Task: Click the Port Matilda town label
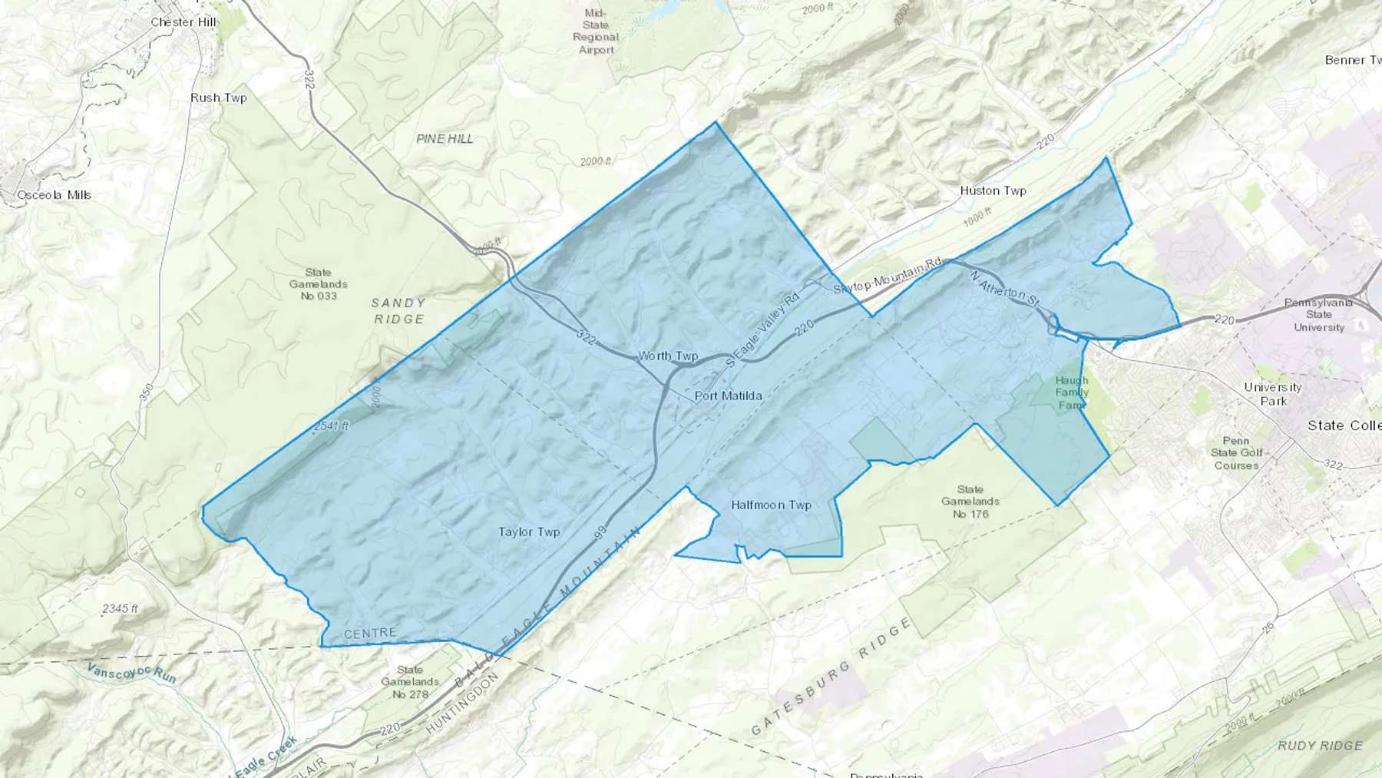pyautogui.click(x=728, y=396)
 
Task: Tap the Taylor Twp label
pyautogui.click(x=529, y=531)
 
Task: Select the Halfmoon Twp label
pyautogui.click(x=771, y=505)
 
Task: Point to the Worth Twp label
pyautogui.click(x=668, y=356)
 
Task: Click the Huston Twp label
pyautogui.click(x=993, y=190)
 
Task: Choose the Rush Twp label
pyautogui.click(x=219, y=98)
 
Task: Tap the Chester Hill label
pyautogui.click(x=183, y=22)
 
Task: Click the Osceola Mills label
pyautogui.click(x=55, y=195)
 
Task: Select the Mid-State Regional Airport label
pyautogui.click(x=596, y=31)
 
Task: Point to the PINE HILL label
pyautogui.click(x=445, y=139)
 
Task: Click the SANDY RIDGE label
pyautogui.click(x=398, y=311)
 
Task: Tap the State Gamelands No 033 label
pyautogui.click(x=318, y=284)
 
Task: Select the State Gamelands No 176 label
pyautogui.click(x=970, y=502)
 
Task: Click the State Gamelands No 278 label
pyautogui.click(x=410, y=682)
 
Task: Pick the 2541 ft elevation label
pyautogui.click(x=331, y=425)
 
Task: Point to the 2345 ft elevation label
pyautogui.click(x=121, y=608)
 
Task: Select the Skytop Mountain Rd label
pyautogui.click(x=888, y=276)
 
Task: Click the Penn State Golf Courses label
pyautogui.click(x=1236, y=453)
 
